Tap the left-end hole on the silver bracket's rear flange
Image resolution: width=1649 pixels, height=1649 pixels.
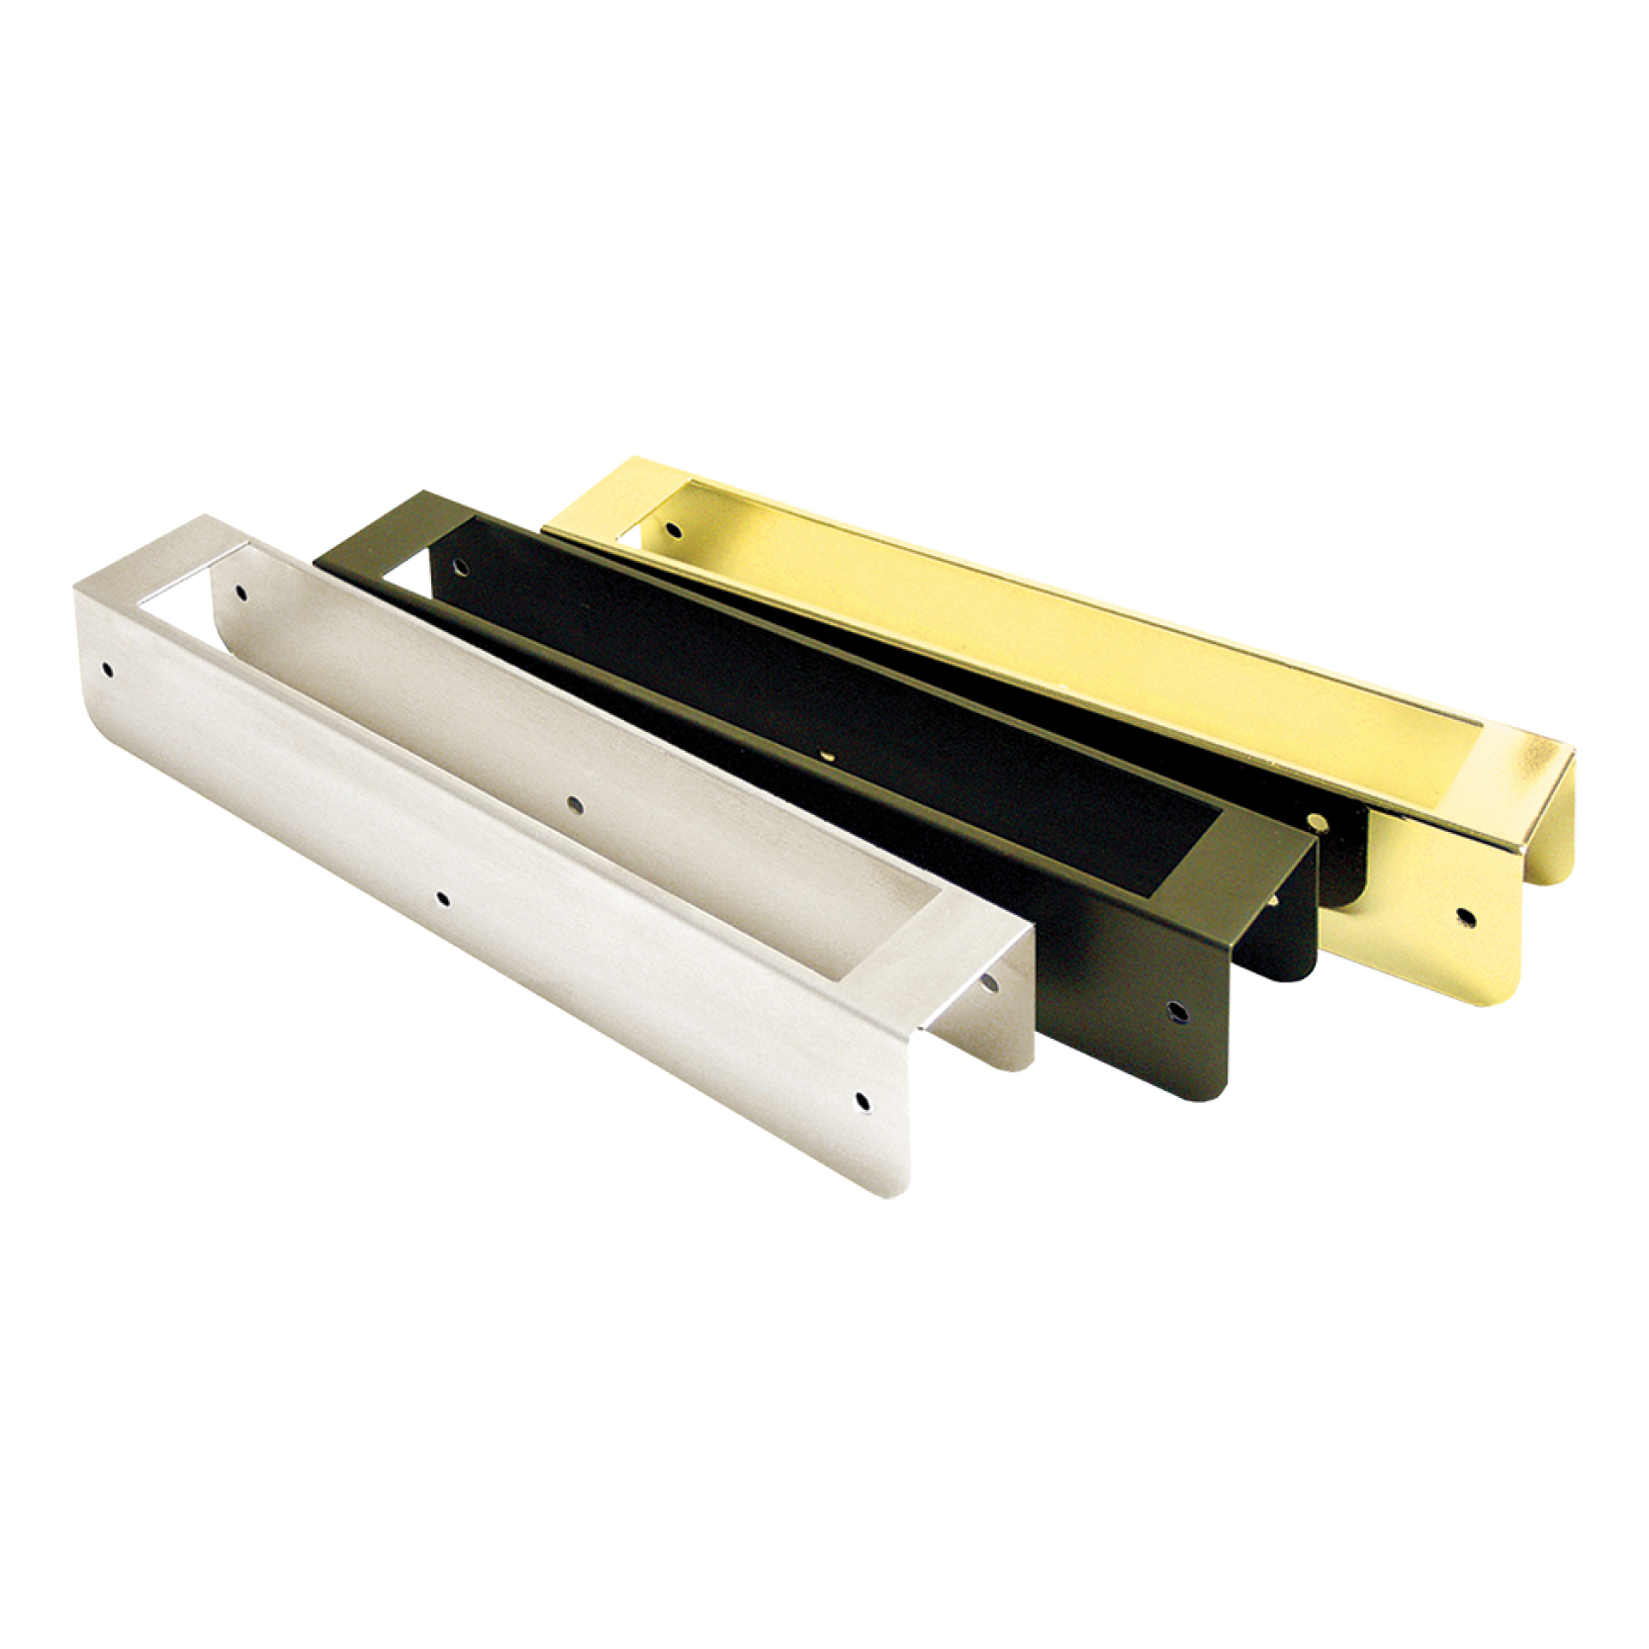(240, 593)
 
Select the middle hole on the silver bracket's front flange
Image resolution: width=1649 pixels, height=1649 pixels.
(442, 899)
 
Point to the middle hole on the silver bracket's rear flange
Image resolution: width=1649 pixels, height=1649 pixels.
(571, 804)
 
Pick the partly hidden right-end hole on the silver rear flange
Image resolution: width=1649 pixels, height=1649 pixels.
(989, 981)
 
